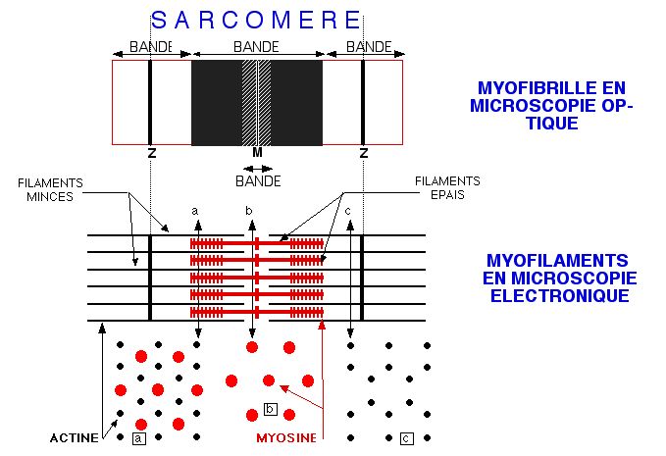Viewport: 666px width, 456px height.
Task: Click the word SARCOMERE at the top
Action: [x=256, y=19]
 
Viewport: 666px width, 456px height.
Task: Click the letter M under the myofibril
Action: [x=257, y=153]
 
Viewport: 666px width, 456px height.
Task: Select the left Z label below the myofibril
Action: [x=150, y=153]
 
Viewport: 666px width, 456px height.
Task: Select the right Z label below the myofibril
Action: [x=363, y=153]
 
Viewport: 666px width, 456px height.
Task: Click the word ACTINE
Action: [x=74, y=438]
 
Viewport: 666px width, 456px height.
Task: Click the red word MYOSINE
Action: [x=286, y=438]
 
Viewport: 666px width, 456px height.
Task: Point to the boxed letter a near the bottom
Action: [x=139, y=438]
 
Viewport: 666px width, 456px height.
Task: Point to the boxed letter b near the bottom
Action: [x=271, y=409]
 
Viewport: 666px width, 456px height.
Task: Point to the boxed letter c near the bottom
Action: [x=407, y=438]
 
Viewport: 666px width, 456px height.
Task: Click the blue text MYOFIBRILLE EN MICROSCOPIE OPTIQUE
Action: [x=548, y=106]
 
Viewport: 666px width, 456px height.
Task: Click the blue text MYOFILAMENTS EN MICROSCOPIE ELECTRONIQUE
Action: [x=556, y=278]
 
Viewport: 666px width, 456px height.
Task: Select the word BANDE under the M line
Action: [x=258, y=181]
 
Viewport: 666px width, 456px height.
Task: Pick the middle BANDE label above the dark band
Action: [x=256, y=46]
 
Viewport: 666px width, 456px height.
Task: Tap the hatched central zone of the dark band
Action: [x=257, y=103]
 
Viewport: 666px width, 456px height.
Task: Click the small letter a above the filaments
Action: [x=195, y=210]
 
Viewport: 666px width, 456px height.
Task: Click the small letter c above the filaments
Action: [x=349, y=210]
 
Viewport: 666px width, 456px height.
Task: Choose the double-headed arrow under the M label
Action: [x=258, y=168]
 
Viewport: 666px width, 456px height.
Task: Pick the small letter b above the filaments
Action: [x=249, y=210]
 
